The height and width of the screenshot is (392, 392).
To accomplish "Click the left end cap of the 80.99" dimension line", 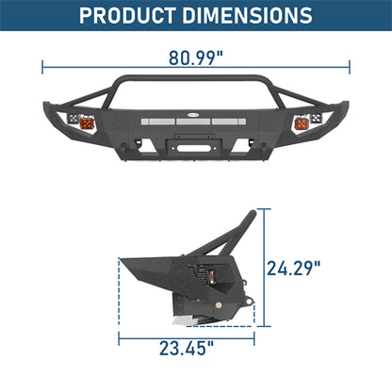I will coord(42,66).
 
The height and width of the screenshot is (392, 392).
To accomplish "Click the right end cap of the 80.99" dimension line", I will coord(350,66).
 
